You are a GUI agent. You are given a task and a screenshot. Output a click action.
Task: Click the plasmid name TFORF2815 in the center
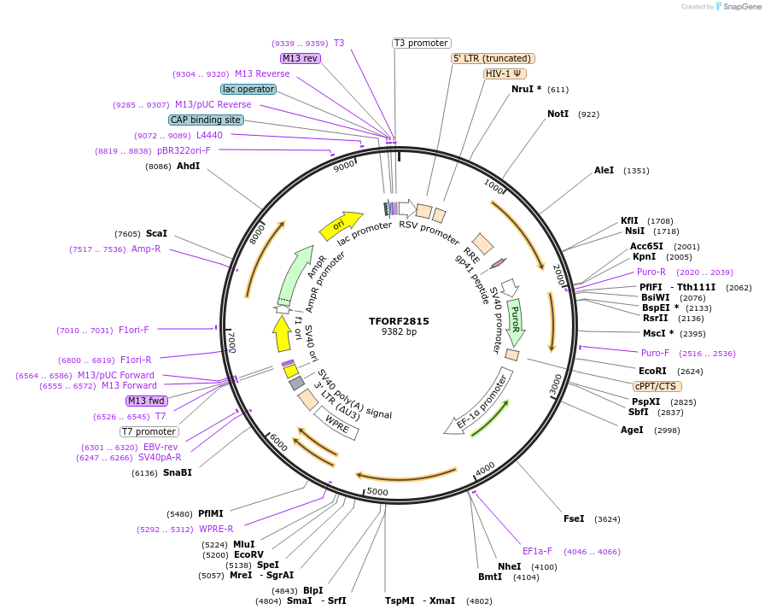[x=399, y=321]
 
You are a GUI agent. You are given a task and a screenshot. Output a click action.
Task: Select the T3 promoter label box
[x=422, y=43]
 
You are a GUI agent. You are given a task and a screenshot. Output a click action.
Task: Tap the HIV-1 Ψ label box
[x=505, y=73]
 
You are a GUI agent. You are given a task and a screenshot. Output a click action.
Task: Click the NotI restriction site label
[x=558, y=114]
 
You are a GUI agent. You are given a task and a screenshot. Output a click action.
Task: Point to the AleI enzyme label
[x=604, y=171]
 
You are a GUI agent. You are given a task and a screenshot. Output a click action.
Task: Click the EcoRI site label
[x=652, y=371]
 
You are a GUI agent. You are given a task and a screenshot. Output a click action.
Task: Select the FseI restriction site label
[x=574, y=518]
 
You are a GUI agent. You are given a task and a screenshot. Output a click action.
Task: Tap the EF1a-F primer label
[x=538, y=551]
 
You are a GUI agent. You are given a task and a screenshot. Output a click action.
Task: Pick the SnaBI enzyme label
[x=178, y=472]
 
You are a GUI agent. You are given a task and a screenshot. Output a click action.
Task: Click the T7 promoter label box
[x=149, y=431]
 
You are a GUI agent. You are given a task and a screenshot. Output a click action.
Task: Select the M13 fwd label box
[x=147, y=401]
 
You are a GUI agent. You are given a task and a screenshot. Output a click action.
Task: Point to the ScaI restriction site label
[x=156, y=233]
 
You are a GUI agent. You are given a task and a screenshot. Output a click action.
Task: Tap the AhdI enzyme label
[x=188, y=166]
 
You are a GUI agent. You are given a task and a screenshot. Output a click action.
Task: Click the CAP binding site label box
[x=206, y=120]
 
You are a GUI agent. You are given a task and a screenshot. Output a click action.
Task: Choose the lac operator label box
[x=248, y=89]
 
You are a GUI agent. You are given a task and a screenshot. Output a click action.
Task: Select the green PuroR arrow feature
[x=515, y=321]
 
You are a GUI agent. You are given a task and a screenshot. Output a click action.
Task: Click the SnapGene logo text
[x=739, y=7]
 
